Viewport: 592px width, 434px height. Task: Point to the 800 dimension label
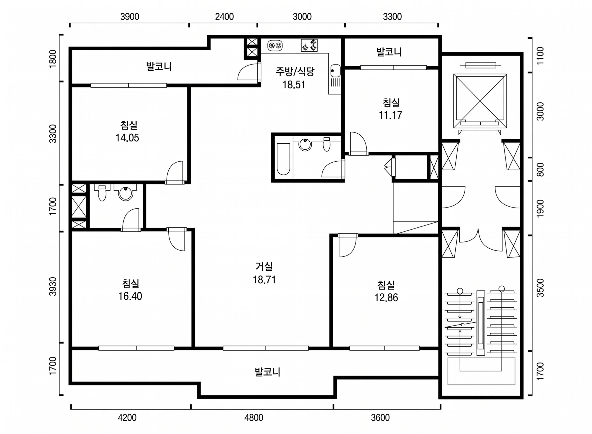[540, 170]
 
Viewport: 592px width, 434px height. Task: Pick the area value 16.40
[130, 296]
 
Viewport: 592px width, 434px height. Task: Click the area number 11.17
[390, 115]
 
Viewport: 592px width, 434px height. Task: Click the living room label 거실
[264, 266]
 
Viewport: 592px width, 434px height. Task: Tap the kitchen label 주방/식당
[295, 71]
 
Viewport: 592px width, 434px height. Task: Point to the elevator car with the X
[480, 101]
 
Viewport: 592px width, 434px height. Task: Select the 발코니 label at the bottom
[267, 372]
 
